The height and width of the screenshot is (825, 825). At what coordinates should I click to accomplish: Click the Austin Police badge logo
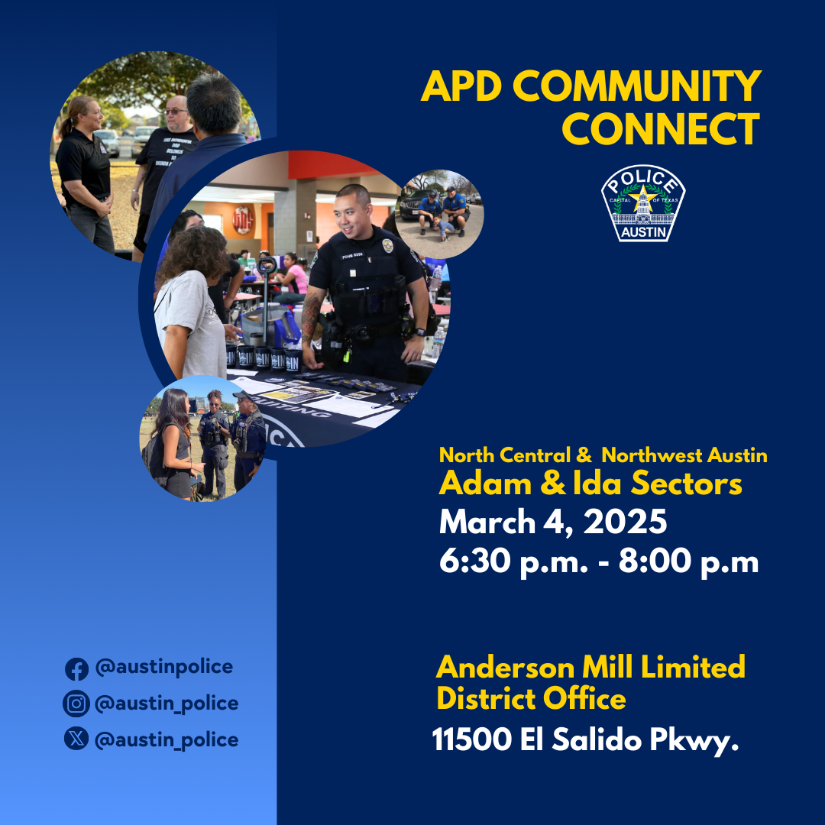point(642,204)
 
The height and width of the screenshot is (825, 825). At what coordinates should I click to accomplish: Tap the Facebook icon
point(76,668)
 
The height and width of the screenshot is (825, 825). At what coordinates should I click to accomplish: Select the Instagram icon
point(76,704)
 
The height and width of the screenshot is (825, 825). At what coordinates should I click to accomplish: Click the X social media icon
point(76,739)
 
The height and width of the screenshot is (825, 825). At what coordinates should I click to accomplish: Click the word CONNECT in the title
point(661,128)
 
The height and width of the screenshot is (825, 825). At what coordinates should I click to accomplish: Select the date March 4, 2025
point(553,522)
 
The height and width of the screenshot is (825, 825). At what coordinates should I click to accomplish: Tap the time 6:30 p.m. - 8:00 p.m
point(599,562)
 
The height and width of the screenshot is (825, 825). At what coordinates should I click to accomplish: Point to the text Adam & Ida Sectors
point(590,484)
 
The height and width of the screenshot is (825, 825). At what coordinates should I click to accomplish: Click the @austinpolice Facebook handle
point(163,667)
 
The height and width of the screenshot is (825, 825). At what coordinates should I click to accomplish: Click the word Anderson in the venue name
point(506,668)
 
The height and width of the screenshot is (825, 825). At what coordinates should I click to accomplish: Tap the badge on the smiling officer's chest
point(387,246)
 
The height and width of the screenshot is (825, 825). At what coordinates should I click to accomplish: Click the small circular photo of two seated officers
point(440,214)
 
